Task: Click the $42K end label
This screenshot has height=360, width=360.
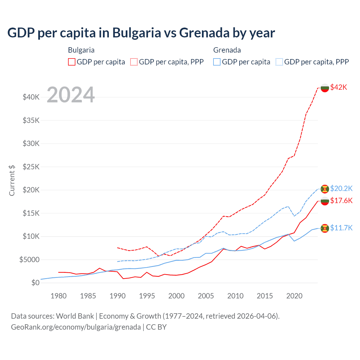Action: point(339,87)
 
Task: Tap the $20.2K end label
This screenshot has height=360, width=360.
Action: point(341,188)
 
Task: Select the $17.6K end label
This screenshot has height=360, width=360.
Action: point(341,201)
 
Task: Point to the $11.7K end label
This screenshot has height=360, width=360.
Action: point(341,228)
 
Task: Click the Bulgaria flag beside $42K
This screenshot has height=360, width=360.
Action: point(325,88)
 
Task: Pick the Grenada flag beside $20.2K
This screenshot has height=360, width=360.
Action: point(325,189)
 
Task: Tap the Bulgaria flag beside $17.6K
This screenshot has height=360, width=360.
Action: point(325,201)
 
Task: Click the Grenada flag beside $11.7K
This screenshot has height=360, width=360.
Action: point(325,228)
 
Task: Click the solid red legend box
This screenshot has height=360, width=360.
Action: point(72,62)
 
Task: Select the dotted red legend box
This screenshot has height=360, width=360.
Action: point(134,62)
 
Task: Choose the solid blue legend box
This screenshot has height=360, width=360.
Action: point(217,62)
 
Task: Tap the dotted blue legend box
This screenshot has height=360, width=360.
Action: point(279,62)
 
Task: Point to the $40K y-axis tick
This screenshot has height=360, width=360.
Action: point(31,97)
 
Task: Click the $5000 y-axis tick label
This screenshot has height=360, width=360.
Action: point(29,260)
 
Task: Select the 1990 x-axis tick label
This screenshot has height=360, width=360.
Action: point(118,296)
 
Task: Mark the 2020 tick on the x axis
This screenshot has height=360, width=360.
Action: point(294,296)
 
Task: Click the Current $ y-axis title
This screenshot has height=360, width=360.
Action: point(12,180)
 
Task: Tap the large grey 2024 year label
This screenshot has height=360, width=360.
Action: point(71,95)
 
